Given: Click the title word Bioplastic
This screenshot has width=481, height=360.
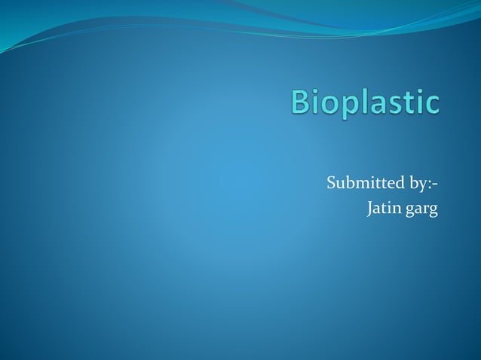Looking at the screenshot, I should pyautogui.click(x=365, y=102).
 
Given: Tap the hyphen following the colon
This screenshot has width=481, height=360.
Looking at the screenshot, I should pyautogui.click(x=437, y=185).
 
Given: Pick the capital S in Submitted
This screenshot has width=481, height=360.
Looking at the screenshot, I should pyautogui.click(x=332, y=183).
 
